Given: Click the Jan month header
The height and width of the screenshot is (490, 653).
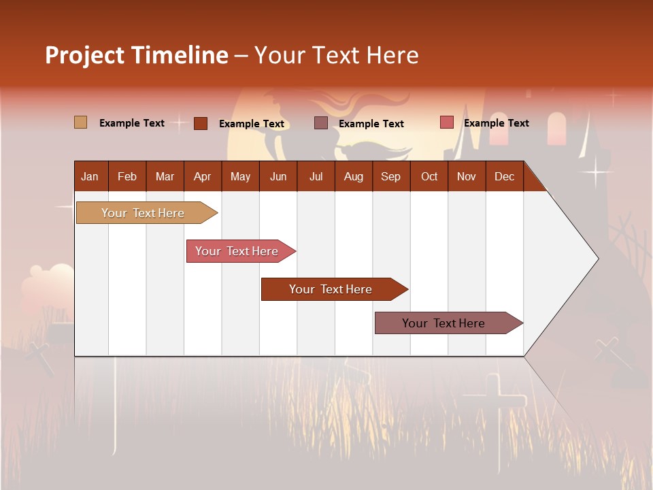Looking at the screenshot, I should (90, 176).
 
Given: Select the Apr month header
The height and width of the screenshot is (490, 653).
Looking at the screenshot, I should (202, 176).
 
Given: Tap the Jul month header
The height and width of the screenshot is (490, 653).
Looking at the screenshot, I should (316, 176).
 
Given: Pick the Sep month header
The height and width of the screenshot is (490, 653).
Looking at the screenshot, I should (390, 176).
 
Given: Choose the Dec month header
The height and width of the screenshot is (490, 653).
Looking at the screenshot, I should (504, 176).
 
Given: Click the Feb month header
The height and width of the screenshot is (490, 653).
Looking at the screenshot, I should (127, 176).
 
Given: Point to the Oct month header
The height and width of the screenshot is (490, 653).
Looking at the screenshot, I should (429, 176).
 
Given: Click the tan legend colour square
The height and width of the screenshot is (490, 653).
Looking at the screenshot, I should (81, 122).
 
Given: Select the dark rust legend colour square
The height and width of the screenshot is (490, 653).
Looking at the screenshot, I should (201, 123).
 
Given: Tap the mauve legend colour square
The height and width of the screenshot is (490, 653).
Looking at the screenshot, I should (321, 123).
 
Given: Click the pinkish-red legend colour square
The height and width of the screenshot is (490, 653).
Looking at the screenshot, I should (447, 122).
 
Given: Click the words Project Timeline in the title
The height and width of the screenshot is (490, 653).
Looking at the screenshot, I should (137, 55).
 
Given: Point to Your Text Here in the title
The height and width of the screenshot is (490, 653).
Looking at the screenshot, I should (337, 55).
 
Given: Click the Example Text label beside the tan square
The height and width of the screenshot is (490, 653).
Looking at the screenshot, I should (132, 123).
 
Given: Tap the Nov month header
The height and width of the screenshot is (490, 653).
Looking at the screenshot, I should (467, 176).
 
